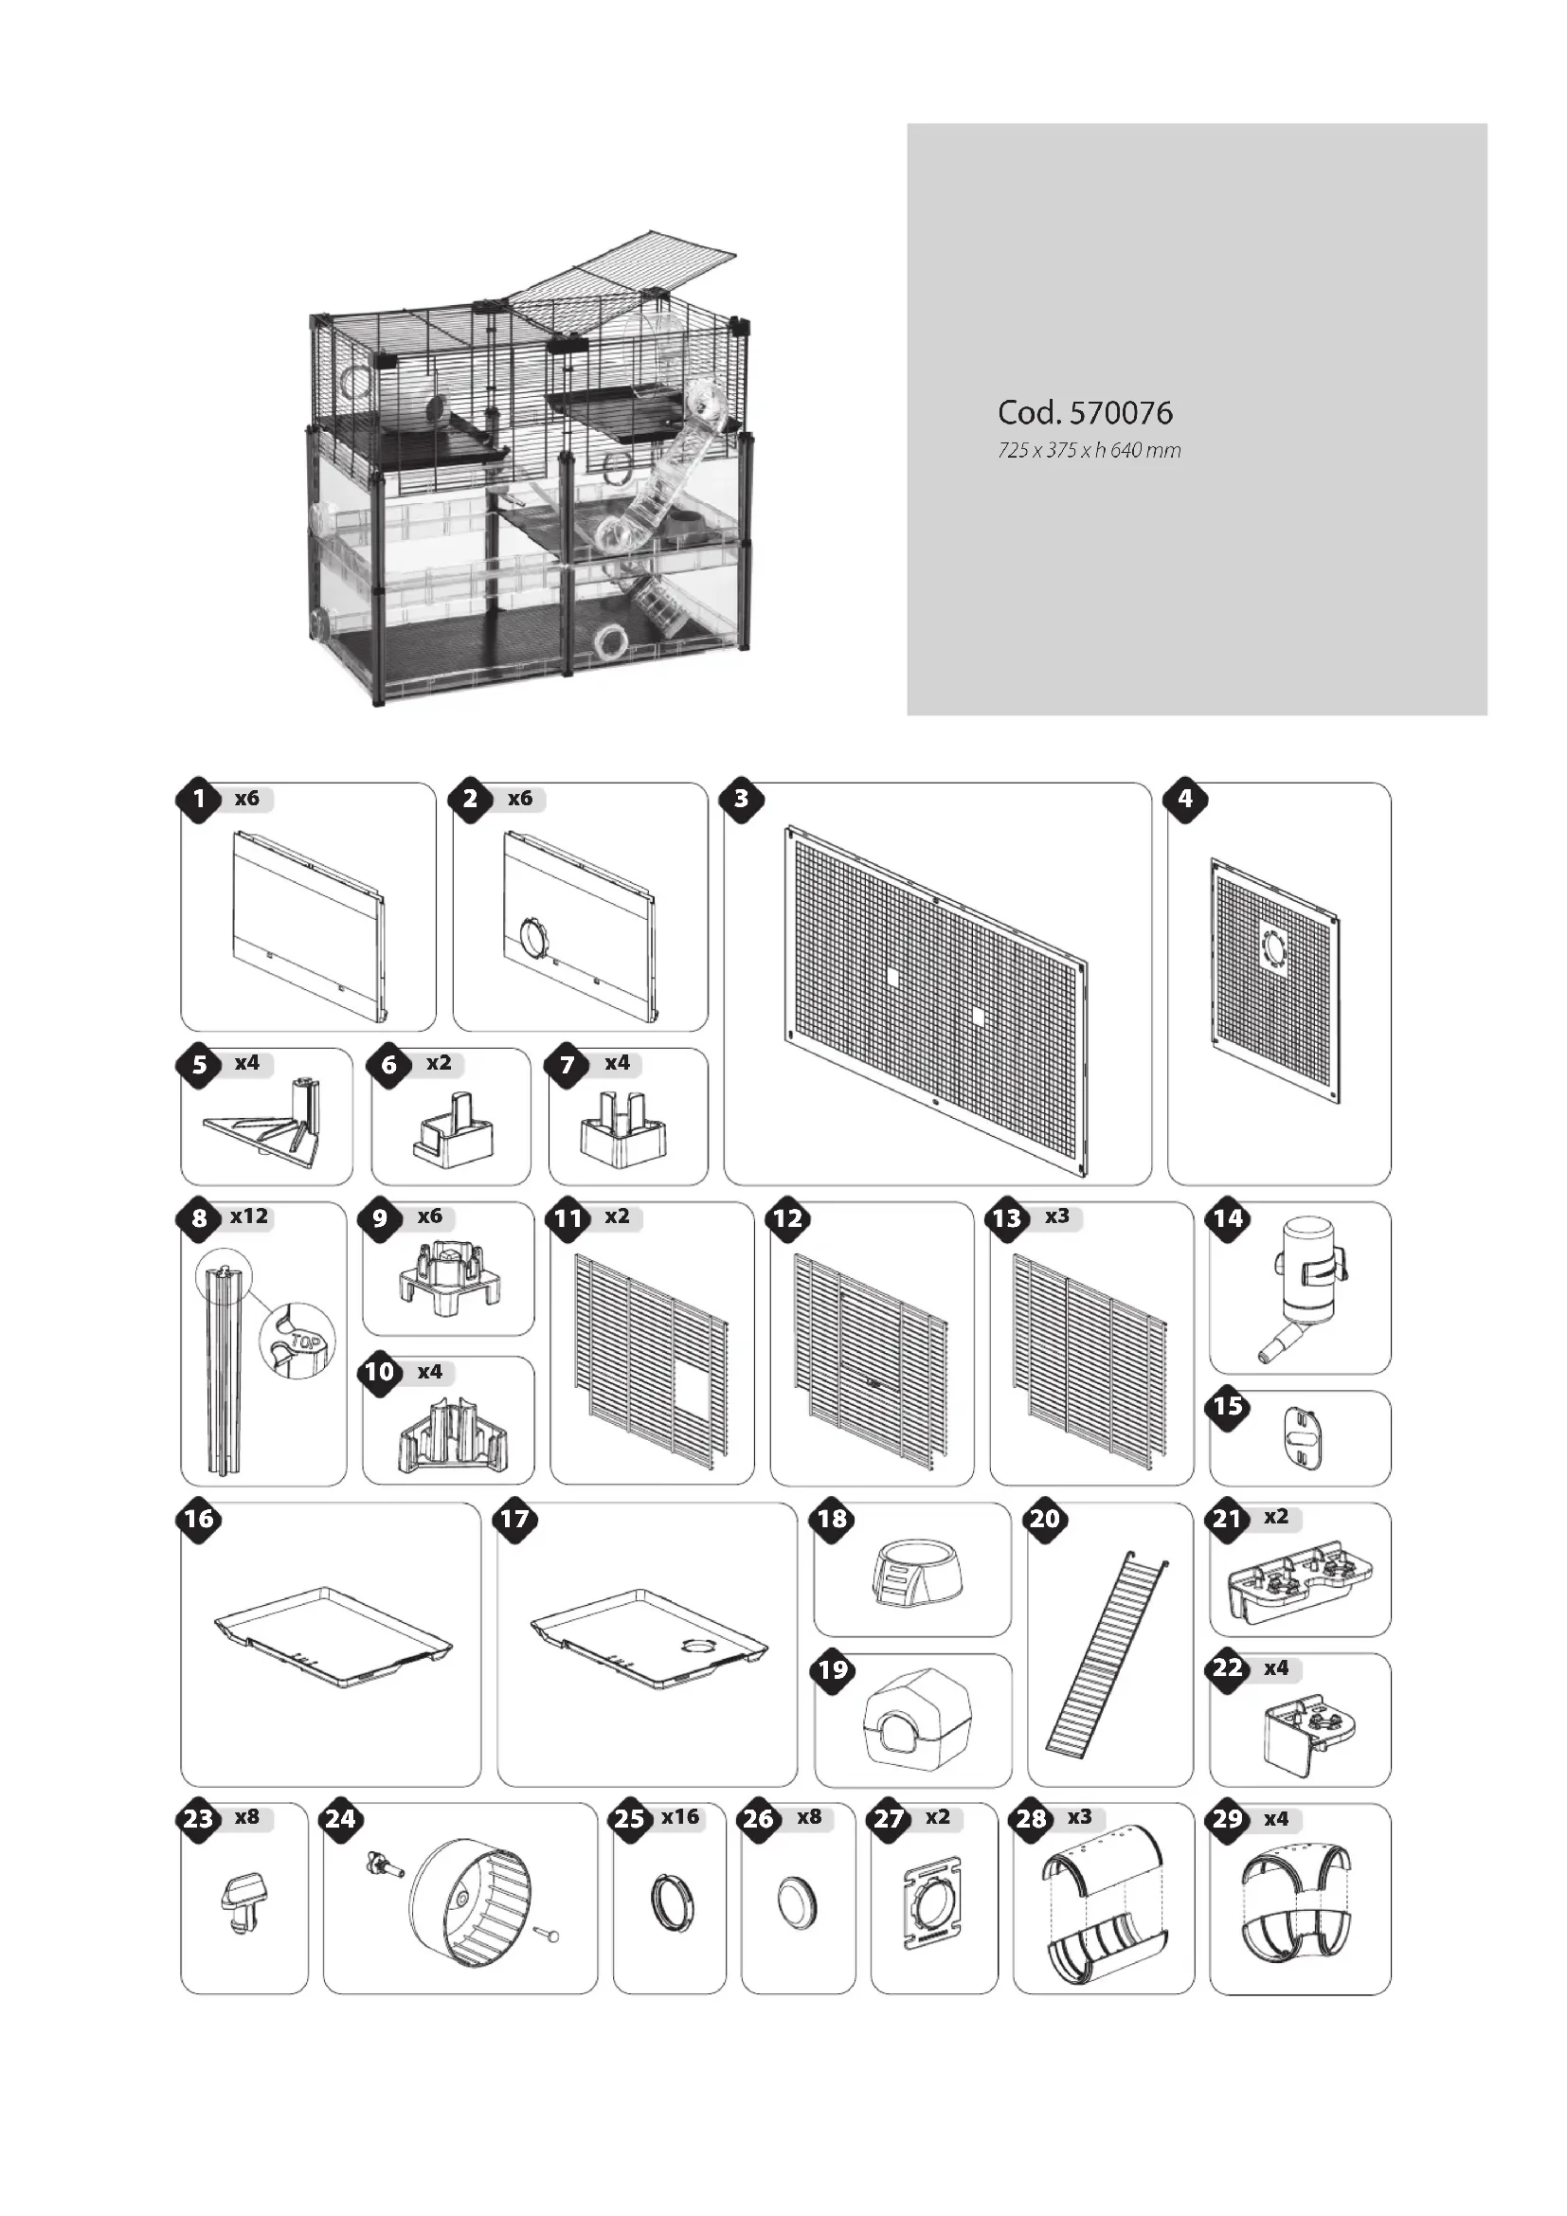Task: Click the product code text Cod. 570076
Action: click(x=1085, y=413)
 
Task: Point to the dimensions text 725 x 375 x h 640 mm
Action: click(x=1089, y=451)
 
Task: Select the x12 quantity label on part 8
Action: click(x=249, y=1216)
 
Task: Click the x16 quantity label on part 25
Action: click(x=679, y=1816)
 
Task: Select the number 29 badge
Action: click(x=1227, y=1819)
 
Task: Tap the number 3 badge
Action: click(x=741, y=800)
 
